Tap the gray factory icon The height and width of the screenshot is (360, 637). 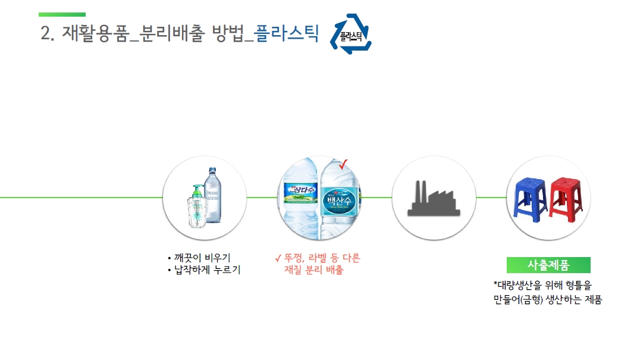pyautogui.click(x=434, y=199)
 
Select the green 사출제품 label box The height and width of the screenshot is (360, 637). pyautogui.click(x=548, y=265)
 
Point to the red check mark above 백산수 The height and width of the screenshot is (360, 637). pyautogui.click(x=343, y=164)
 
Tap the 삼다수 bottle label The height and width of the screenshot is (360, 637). pyautogui.click(x=299, y=190)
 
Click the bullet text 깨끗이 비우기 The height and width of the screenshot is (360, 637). pyautogui.click(x=202, y=258)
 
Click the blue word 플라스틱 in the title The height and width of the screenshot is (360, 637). pyautogui.click(x=286, y=34)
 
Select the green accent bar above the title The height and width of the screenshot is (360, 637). pyautogui.click(x=62, y=14)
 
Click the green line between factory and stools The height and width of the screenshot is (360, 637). pyautogui.click(x=490, y=197)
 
